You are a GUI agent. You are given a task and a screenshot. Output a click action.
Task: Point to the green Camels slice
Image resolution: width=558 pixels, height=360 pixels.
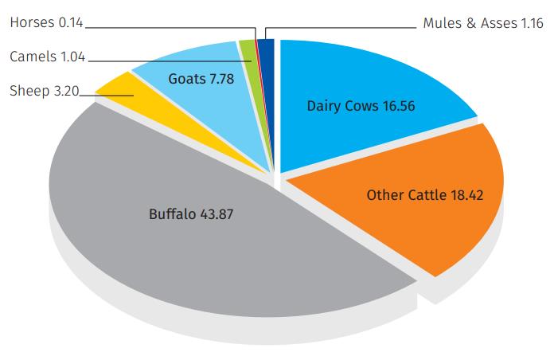(x=248, y=49)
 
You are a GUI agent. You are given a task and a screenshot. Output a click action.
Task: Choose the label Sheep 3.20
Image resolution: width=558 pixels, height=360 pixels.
(x=43, y=91)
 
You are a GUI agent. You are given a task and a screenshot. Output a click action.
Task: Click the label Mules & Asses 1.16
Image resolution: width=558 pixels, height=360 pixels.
(x=483, y=23)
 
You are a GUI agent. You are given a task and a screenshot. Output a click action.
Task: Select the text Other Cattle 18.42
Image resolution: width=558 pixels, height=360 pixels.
(x=424, y=194)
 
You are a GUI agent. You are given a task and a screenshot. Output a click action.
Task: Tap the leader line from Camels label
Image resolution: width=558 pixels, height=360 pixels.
(x=159, y=58)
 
